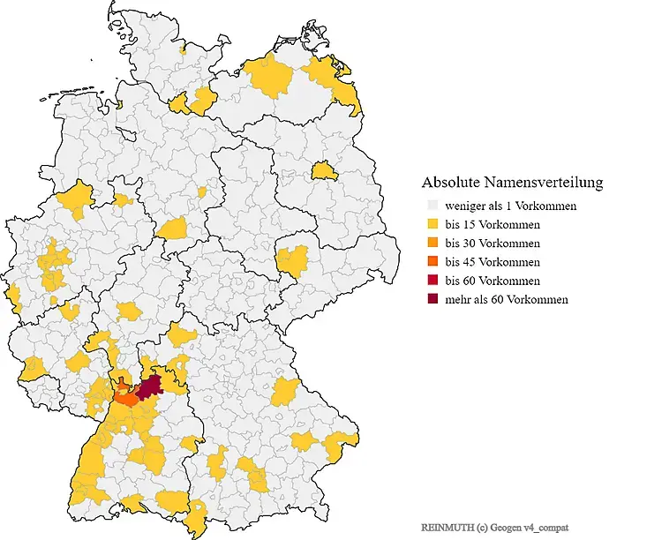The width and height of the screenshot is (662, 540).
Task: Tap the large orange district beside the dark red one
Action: coord(127,399)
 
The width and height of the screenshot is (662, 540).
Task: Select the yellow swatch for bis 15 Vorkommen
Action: coord(432,224)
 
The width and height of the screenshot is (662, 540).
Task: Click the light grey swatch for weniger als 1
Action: coord(432,206)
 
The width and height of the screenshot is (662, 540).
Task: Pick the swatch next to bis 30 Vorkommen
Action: coord(432,243)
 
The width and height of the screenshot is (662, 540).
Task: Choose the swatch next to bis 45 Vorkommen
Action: coord(432,262)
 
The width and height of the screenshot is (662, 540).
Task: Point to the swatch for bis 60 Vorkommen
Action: coord(432,281)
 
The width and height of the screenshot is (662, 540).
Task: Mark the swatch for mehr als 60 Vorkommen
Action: coord(432,299)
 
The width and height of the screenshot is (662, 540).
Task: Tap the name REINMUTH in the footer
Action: coord(447,527)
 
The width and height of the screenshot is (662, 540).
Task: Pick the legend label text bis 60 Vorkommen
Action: coord(493,281)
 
